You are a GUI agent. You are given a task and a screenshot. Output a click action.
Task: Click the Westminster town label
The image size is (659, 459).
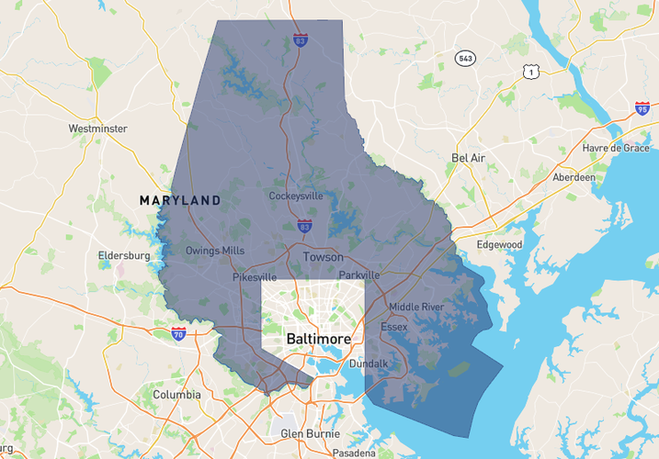click(x=97, y=129)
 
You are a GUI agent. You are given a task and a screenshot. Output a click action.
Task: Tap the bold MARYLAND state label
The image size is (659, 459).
click(x=180, y=200)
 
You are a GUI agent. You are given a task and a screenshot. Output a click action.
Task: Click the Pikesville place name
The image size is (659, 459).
click(x=254, y=276)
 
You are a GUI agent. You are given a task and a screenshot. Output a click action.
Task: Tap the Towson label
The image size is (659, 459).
click(x=323, y=257)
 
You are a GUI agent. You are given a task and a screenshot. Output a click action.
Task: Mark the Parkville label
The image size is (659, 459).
click(x=358, y=275)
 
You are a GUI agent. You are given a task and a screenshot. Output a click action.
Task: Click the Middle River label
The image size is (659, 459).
click(x=415, y=307)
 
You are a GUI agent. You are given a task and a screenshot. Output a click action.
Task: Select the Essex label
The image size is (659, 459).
click(x=393, y=326)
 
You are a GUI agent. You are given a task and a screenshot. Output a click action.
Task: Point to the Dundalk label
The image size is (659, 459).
click(x=369, y=364)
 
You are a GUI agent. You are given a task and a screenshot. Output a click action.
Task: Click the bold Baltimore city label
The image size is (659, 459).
click(x=319, y=339)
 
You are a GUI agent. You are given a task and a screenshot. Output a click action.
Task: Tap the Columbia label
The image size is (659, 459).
click(x=176, y=395)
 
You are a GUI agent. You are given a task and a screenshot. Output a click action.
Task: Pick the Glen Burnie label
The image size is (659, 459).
click(x=310, y=433)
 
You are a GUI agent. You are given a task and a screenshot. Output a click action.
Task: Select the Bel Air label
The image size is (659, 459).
click(x=468, y=158)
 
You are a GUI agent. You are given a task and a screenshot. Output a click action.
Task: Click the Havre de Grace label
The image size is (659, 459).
click(x=616, y=149)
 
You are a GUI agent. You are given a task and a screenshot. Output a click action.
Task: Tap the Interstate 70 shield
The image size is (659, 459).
click(x=178, y=334)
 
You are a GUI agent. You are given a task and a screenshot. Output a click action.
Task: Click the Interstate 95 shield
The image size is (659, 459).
click(x=642, y=109)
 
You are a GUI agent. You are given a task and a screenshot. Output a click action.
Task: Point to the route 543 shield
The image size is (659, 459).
click(x=466, y=59)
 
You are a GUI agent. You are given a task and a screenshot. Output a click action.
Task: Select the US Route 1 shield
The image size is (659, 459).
click(x=531, y=71)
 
